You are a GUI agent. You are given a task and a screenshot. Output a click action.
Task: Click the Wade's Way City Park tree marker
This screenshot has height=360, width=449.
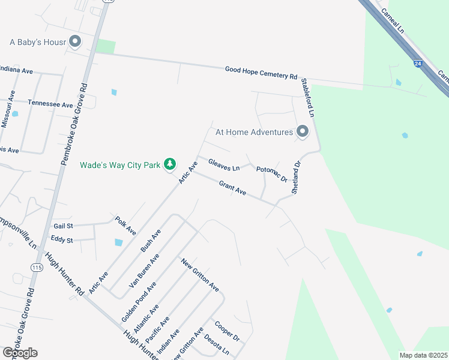click(170, 164)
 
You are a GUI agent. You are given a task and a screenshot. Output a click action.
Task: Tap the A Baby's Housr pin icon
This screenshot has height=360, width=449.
click(75, 42)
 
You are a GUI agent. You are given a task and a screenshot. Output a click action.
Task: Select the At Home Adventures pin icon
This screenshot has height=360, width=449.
click(303, 131)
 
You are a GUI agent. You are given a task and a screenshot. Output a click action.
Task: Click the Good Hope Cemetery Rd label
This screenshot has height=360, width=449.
click(261, 73)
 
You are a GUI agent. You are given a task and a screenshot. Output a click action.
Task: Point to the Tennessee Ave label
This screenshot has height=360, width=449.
click(50, 104)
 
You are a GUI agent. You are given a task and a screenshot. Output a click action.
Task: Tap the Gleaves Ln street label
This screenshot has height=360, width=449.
click(224, 164)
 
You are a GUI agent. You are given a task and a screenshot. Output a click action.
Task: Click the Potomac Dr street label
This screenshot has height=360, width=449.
click(272, 174)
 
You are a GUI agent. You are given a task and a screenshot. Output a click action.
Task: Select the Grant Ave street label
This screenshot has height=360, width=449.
click(232, 188)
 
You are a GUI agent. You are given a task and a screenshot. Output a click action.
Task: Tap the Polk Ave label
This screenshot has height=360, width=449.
click(126, 226)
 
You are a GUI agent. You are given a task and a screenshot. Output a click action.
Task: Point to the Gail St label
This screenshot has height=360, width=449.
click(62, 226)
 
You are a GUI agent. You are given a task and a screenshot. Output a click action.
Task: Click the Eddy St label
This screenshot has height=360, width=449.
click(62, 240)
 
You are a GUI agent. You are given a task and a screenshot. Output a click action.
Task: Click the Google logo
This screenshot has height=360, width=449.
click(20, 353)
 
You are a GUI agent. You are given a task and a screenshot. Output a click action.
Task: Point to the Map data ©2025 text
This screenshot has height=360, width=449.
click(424, 355)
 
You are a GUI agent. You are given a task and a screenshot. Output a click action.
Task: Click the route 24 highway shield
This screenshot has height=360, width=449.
click(417, 62)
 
